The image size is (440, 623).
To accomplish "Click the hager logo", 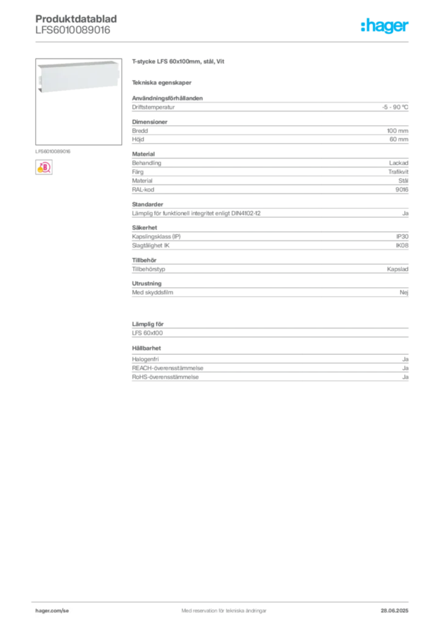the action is pyautogui.click(x=385, y=26).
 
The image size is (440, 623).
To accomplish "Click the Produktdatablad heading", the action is pyautogui.click(x=76, y=19).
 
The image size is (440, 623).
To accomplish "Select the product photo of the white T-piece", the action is pyautogui.click(x=78, y=102).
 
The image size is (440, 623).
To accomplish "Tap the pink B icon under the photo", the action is pyautogui.click(x=44, y=167).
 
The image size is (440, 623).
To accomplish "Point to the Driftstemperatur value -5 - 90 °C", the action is pyautogui.click(x=395, y=107).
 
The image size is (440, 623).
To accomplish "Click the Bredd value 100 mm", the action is pyautogui.click(x=397, y=131).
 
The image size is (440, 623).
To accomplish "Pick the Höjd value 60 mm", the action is pyautogui.click(x=399, y=139).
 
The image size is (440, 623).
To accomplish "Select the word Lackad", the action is pyautogui.click(x=398, y=163).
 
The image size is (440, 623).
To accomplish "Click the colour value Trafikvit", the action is pyautogui.click(x=398, y=172).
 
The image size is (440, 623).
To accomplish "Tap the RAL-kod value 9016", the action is pyautogui.click(x=402, y=190).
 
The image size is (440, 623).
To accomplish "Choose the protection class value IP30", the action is pyautogui.click(x=402, y=237).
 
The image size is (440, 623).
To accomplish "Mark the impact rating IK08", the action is pyautogui.click(x=402, y=246).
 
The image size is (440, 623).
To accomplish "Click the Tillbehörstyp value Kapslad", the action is pyautogui.click(x=397, y=269).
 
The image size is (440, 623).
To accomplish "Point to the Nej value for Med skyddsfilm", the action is pyautogui.click(x=404, y=293).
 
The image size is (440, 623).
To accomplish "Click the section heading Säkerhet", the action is pyautogui.click(x=145, y=228).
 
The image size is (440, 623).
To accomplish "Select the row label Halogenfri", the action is pyautogui.click(x=145, y=359).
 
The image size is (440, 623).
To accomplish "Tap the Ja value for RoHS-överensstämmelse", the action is pyautogui.click(x=405, y=377).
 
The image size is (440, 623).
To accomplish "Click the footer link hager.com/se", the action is pyautogui.click(x=52, y=611).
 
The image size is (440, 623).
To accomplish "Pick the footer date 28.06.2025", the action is pyautogui.click(x=394, y=611).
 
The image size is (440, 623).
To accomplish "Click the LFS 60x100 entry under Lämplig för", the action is pyautogui.click(x=147, y=333).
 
